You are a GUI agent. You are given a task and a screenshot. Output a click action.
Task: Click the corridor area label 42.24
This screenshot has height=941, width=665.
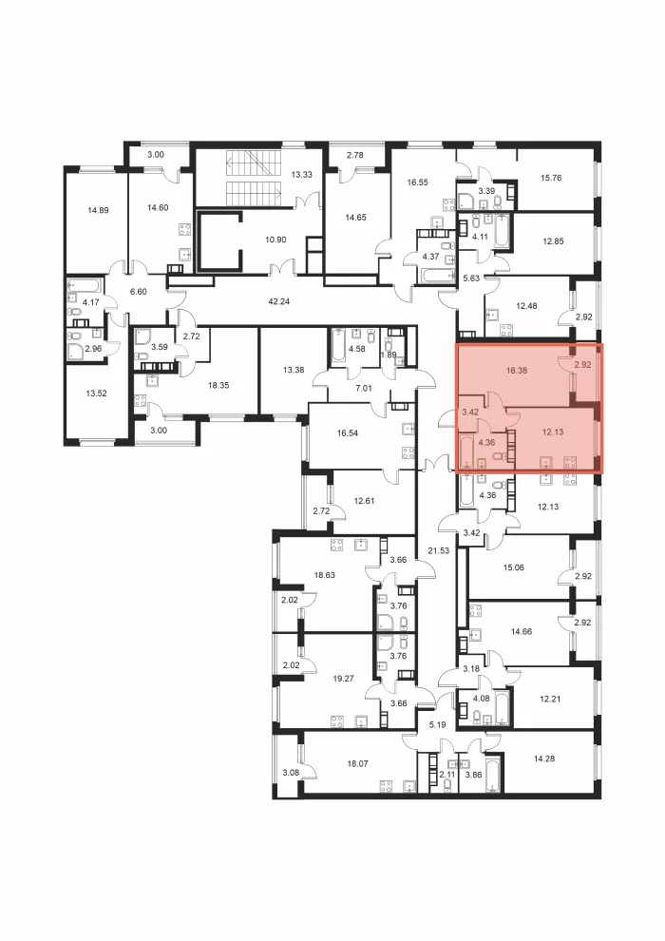pos(279,301)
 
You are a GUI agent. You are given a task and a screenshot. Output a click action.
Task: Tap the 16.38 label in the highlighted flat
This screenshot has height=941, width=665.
pos(516,371)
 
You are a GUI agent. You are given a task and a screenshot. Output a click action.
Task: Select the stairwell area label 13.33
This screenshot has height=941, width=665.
pos(301,175)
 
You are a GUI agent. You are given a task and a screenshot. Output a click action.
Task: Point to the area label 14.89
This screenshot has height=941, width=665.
pos(98,210)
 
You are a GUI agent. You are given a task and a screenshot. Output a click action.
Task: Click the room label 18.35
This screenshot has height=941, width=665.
pos(218,385)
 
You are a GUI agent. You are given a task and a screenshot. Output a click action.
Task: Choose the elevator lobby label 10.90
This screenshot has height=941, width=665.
pos(275,240)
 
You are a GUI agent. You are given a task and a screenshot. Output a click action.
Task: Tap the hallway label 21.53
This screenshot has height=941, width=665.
pos(438,549)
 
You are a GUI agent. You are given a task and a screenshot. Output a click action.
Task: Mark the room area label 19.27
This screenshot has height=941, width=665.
pos(343,679)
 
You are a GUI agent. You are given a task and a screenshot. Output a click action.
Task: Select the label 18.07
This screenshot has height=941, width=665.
pos(357,764)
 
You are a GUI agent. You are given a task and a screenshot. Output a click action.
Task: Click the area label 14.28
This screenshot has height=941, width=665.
pos(543,759)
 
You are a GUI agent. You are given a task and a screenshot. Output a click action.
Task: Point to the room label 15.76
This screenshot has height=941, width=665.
pos(550,178)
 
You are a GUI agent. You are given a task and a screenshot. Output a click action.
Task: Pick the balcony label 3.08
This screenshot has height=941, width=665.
pos(290,773)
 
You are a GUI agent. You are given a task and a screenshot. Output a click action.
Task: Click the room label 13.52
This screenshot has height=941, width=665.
pos(97,394)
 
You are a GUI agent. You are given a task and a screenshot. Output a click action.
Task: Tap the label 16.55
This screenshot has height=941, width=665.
pos(417,182)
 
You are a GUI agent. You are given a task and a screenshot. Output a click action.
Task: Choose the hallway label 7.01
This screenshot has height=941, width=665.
pos(364,389)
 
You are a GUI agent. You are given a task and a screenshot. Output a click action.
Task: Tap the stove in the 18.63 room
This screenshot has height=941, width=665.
pos(336,546)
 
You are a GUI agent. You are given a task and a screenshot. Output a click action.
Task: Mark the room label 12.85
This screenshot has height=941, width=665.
pos(553,241)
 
